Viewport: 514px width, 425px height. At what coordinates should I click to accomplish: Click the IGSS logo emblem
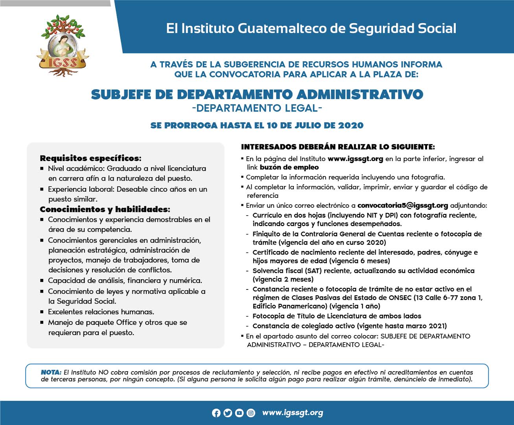click(64, 46)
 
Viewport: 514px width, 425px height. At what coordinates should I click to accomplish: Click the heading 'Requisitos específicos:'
click(90, 158)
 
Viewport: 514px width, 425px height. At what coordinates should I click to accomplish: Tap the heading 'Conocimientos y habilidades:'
click(105, 209)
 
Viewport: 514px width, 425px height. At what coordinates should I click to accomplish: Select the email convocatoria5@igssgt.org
click(403, 205)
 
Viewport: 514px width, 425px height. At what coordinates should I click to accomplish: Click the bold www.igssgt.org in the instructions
click(355, 159)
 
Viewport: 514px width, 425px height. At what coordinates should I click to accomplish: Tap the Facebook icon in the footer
click(216, 413)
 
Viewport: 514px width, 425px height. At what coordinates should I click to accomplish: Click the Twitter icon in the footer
click(228, 413)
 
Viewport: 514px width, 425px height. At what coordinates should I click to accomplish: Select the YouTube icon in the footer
click(239, 413)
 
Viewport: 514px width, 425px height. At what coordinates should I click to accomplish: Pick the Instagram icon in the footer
click(251, 413)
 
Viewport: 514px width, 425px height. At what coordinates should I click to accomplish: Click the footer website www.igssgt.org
click(293, 412)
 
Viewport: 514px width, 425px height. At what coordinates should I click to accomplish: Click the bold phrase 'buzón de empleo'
click(289, 167)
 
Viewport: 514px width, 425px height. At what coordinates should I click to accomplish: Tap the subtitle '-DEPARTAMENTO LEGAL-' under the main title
click(257, 108)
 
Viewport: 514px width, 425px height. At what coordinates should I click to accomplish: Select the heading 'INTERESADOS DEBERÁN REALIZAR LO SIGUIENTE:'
click(338, 147)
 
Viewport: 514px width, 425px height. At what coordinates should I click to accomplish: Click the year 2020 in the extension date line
click(350, 126)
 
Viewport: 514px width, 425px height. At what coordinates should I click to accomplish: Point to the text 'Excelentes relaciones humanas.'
click(101, 312)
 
